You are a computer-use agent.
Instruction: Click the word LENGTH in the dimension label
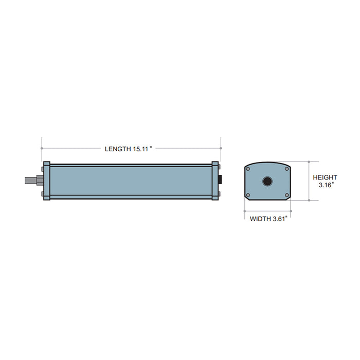118,149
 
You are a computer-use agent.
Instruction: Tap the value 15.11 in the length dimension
140,149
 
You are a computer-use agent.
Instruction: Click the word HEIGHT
326,177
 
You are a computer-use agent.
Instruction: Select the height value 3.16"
326,185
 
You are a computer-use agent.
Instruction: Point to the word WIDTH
260,219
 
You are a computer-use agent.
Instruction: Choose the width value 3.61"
278,219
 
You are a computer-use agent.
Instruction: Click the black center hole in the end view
267,182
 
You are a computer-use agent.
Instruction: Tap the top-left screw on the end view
248,169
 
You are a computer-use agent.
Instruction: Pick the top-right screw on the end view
286,169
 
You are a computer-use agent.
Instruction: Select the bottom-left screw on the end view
248,195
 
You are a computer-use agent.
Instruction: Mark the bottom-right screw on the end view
286,195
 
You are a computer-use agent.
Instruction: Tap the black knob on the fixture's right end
221,181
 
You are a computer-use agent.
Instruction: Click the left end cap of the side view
47,181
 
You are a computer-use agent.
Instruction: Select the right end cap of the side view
215,181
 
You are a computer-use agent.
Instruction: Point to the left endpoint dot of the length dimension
41,148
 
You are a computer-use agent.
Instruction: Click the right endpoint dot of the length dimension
221,148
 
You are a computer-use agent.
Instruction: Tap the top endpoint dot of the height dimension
309,161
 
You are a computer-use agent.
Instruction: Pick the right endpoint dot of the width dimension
291,211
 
